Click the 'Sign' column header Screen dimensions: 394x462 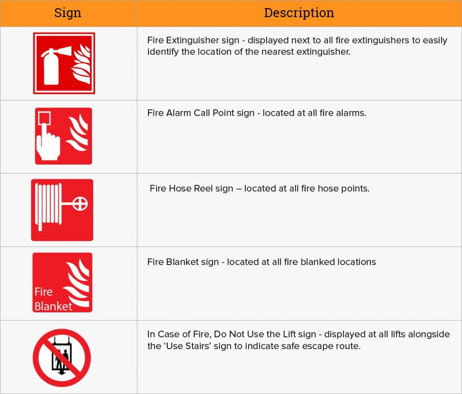pyautogui.click(x=68, y=13)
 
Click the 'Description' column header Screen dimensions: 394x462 pyautogui.click(x=299, y=13)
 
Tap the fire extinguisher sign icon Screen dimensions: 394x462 pyautogui.click(x=64, y=63)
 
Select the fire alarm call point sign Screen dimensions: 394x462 pyautogui.click(x=63, y=136)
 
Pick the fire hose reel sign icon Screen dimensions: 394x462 pyautogui.click(x=62, y=210)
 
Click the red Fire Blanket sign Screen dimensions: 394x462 pyautogui.click(x=62, y=282)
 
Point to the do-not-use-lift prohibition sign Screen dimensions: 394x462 pyautogui.click(x=62, y=357)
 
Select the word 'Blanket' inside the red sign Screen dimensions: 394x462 pyautogui.click(x=53, y=306)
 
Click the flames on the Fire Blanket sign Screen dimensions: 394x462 pyautogui.click(x=77, y=284)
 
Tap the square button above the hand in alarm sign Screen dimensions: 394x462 pyautogui.click(x=44, y=118)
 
